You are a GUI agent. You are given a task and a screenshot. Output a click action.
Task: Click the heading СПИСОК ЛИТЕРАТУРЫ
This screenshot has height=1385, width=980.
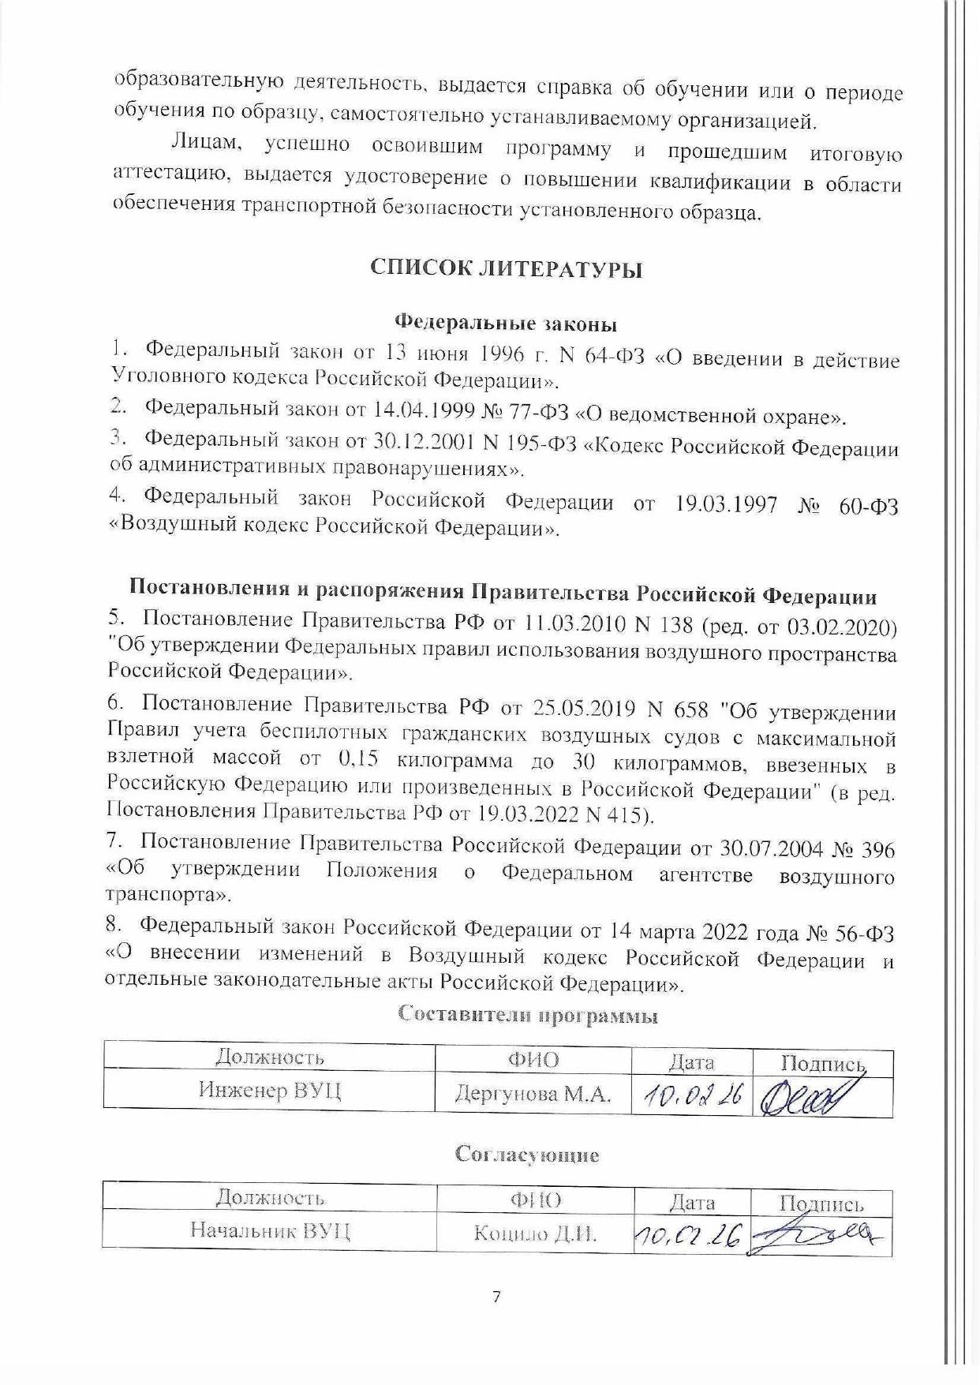tap(507, 269)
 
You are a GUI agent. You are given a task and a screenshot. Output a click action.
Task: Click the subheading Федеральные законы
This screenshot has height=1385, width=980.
tap(505, 324)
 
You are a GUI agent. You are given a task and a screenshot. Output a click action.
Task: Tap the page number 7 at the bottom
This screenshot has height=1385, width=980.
tap(496, 1297)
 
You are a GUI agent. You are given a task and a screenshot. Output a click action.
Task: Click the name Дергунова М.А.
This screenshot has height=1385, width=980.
tap(533, 1094)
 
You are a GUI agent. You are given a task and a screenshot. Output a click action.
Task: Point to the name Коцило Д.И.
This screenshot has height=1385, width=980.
tap(535, 1233)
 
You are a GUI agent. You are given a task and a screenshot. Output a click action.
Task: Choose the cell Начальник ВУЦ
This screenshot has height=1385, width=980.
tap(270, 1232)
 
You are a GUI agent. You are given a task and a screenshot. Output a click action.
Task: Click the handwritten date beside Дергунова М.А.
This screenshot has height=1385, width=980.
tap(692, 1096)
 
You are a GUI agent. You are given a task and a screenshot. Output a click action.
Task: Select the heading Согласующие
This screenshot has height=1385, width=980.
tap(527, 1155)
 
